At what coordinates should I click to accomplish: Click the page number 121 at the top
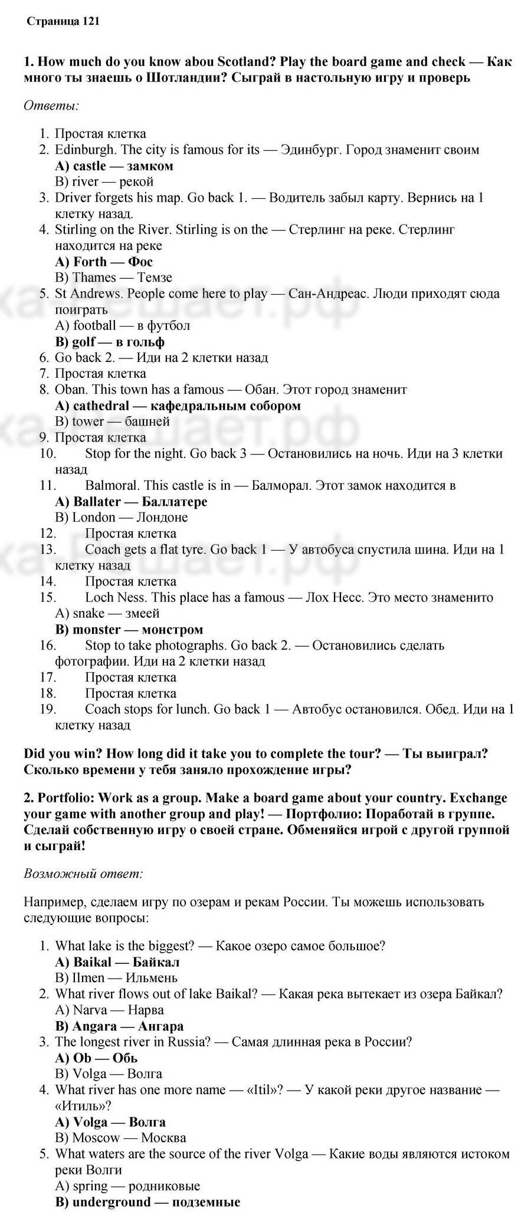[91, 21]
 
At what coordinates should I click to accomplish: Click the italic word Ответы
[51, 106]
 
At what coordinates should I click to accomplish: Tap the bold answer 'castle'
[90, 166]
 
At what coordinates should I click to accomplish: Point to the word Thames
[94, 278]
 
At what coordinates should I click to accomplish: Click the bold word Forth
[90, 262]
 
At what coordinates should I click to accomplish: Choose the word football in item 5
[94, 325]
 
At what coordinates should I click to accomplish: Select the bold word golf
[85, 342]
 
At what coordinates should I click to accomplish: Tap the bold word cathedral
[101, 406]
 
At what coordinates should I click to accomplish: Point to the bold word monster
[96, 630]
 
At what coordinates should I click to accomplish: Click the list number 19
[48, 709]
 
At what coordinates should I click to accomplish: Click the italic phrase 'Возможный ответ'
[83, 873]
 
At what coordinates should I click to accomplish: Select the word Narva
[90, 1010]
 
